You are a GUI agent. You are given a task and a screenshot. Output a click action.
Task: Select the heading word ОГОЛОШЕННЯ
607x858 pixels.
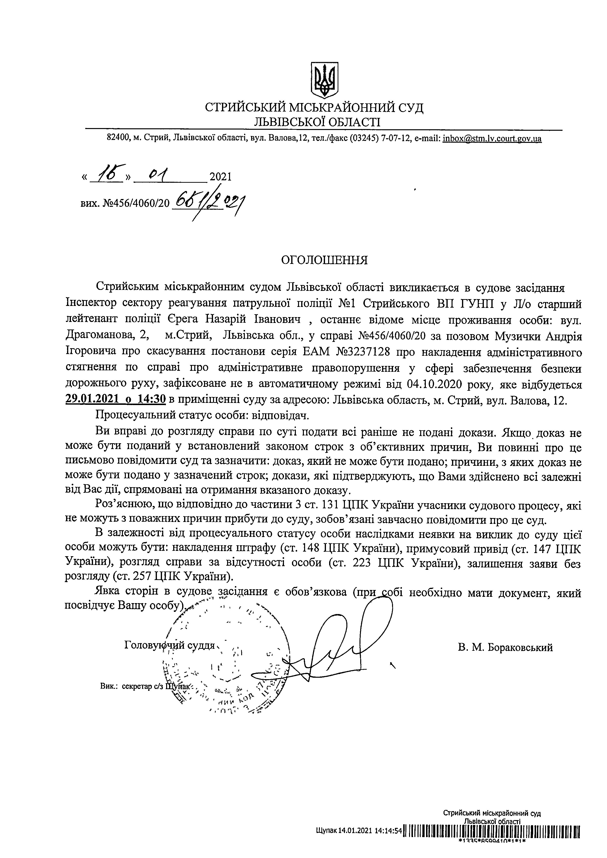click(x=325, y=260)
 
